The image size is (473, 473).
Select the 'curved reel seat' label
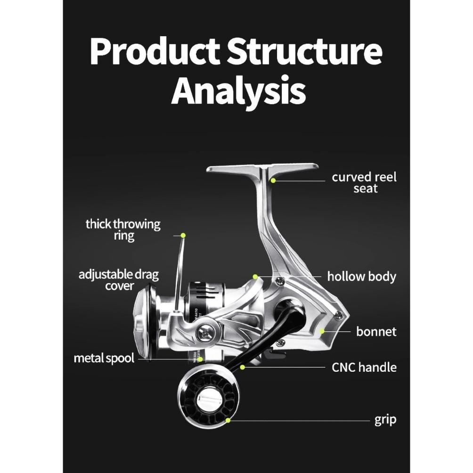[364, 183]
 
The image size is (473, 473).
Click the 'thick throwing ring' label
[123, 229]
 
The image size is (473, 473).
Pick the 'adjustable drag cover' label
[118, 280]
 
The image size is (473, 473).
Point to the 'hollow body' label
[361, 276]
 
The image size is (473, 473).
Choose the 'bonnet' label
[376, 331]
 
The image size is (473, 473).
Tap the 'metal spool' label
[104, 358]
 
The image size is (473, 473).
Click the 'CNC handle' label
[364, 367]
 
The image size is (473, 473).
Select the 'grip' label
[385, 419]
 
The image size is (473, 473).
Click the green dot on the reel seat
[273, 179]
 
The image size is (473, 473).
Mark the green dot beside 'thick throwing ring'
[183, 235]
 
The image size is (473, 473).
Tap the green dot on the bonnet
[323, 331]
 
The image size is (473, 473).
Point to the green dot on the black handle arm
[243, 367]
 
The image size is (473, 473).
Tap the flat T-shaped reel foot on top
[262, 169]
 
